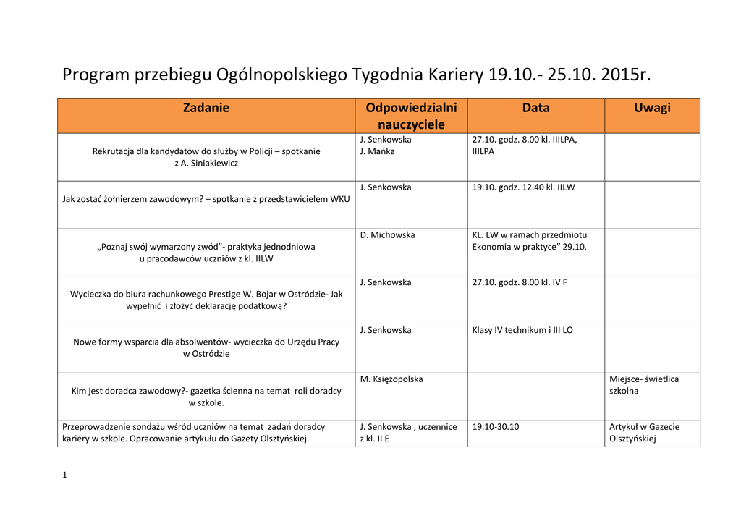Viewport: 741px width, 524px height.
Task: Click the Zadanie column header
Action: [206, 108]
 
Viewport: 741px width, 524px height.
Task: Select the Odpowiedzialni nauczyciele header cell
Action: [411, 116]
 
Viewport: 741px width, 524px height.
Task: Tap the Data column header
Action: [535, 108]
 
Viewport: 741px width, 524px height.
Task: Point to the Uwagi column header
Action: [652, 108]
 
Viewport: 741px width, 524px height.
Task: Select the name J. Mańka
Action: [377, 151]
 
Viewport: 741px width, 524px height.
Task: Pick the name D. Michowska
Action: [387, 235]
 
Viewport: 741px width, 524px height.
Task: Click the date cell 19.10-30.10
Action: [496, 427]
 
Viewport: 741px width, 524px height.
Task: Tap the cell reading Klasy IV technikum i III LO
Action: [522, 330]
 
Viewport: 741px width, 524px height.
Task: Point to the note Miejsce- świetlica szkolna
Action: [644, 384]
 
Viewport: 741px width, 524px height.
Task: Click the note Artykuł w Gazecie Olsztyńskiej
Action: [644, 433]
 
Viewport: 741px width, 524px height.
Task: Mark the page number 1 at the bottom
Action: [65, 475]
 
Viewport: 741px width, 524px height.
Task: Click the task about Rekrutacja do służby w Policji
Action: [206, 157]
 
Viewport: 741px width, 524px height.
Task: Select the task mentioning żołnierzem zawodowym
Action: [206, 199]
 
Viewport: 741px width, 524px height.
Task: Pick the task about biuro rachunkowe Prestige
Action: [206, 300]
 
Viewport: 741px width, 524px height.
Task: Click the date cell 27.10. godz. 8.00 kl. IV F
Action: [520, 282]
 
